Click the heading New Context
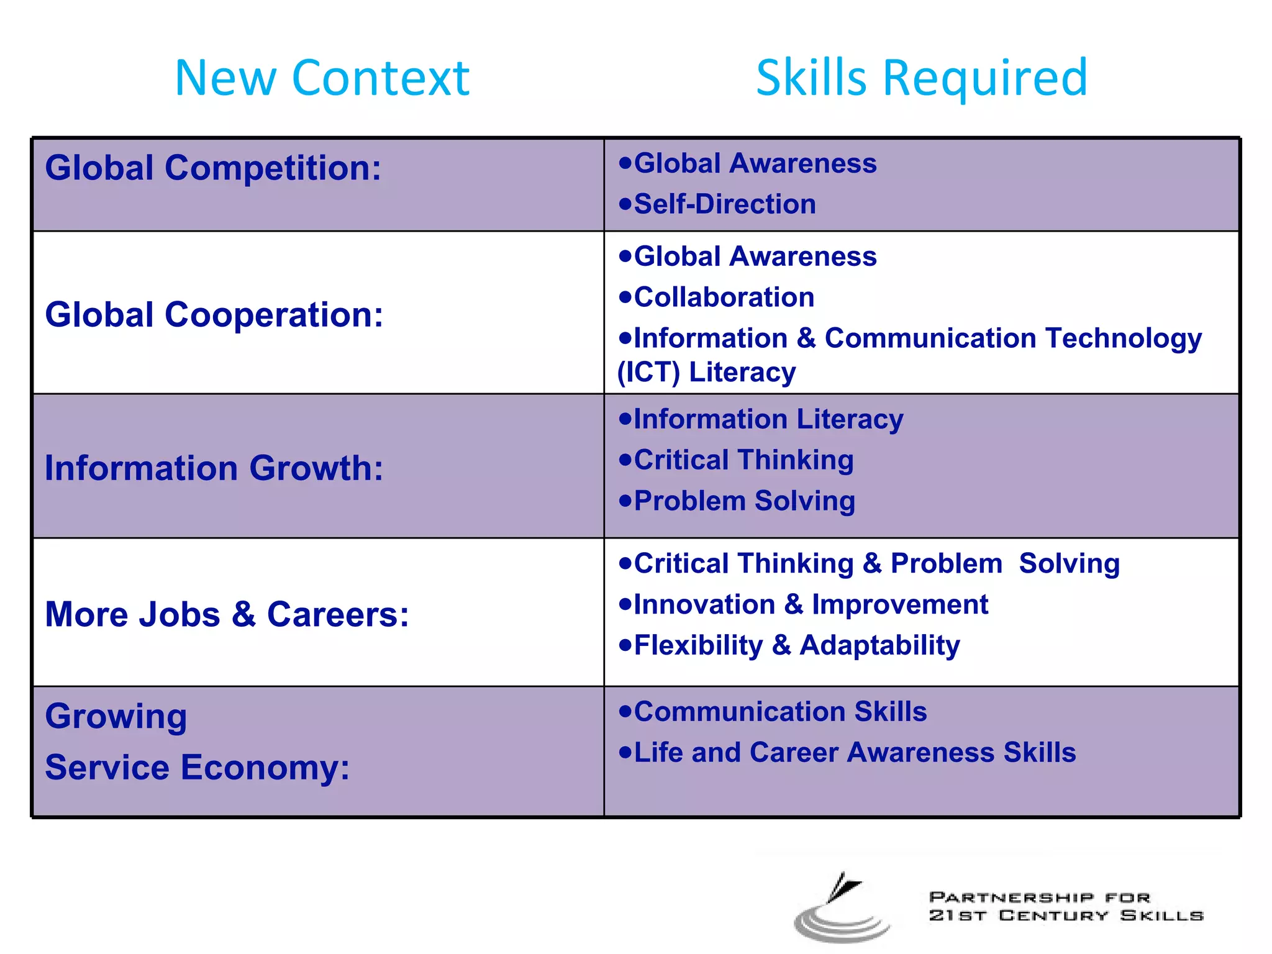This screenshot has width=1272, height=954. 322,78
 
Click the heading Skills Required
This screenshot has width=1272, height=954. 922,78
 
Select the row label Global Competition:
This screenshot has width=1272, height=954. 213,168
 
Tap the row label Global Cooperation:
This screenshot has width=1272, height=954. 214,314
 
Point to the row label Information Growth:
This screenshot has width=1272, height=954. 214,468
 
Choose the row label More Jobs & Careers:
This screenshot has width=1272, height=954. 227,614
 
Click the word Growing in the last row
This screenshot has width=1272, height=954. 116,716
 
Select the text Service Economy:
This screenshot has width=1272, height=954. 198,767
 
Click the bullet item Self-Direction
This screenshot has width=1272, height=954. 724,204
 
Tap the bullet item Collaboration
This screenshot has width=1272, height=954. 724,297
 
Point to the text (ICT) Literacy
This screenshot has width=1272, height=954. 706,372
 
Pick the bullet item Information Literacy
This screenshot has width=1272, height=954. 768,419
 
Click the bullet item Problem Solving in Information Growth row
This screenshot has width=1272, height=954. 744,501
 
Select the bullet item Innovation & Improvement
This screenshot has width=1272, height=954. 811,604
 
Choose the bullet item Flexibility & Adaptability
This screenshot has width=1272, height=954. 796,645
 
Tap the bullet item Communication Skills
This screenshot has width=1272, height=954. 780,712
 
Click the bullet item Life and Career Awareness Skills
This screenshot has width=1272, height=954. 855,752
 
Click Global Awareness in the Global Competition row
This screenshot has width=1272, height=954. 755,163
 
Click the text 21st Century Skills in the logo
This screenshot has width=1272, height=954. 1066,915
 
